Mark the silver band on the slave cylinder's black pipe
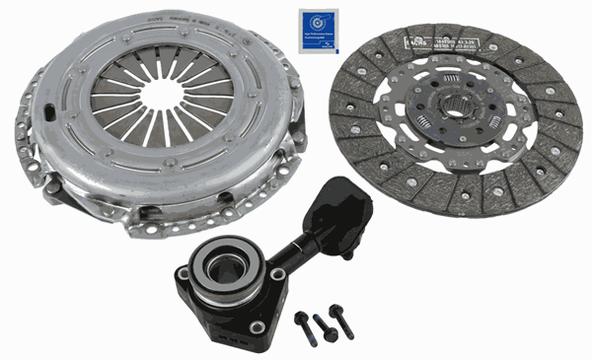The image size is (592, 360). (301, 236)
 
